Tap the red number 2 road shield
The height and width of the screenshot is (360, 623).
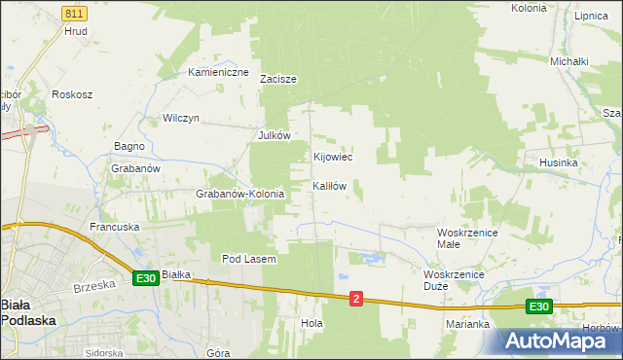click(x=356, y=299)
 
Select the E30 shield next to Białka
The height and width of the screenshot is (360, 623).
click(x=146, y=278)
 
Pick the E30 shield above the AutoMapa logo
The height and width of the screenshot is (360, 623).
click(x=540, y=306)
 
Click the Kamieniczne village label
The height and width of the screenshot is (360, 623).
click(x=219, y=72)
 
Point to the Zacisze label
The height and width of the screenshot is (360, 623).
click(x=277, y=80)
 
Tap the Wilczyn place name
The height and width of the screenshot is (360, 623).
click(x=181, y=118)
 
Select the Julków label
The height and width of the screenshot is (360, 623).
click(x=275, y=136)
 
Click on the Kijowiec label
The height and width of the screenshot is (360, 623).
click(x=332, y=157)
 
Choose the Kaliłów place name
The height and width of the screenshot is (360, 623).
click(x=329, y=185)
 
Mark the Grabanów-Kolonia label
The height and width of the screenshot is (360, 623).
click(x=239, y=194)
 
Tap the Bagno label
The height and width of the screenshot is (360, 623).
click(x=129, y=146)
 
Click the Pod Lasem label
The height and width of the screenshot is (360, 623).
click(x=249, y=259)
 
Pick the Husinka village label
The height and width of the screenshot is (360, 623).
click(x=558, y=162)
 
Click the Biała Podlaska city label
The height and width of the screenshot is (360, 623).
click(x=28, y=311)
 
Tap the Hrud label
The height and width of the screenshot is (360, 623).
click(x=76, y=31)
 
